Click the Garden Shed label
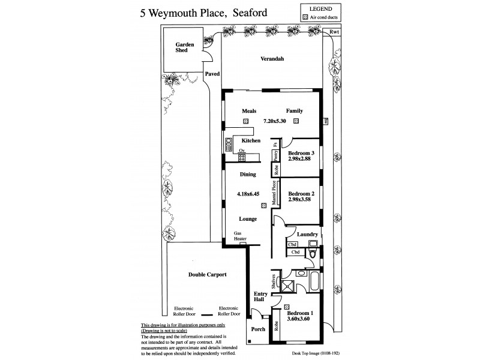[182, 47]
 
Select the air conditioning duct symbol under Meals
[246, 121]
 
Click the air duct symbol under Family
[296, 121]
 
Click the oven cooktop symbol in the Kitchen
[242, 158]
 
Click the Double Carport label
[208, 274]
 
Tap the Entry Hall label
[259, 296]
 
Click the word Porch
[257, 329]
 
